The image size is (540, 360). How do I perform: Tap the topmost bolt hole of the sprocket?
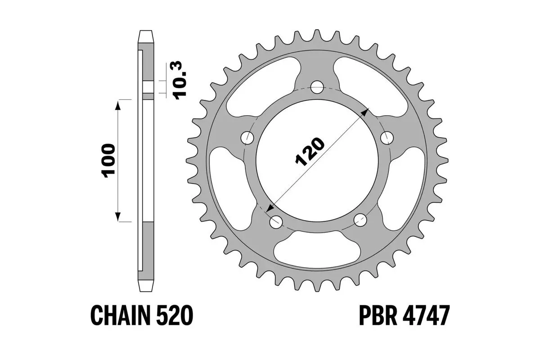coord(318,86)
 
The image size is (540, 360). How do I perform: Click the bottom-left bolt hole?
coord(275,221)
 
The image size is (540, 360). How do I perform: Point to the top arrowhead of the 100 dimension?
coord(118,105)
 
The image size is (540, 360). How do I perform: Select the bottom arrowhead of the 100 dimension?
coord(118,217)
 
